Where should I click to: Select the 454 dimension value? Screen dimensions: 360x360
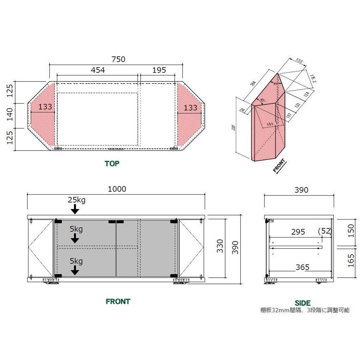(98, 70)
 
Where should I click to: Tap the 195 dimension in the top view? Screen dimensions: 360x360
(159, 70)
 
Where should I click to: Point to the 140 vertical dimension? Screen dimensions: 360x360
(10, 114)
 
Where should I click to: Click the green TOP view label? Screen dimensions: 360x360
(112, 163)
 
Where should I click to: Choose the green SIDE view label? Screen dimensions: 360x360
(302, 303)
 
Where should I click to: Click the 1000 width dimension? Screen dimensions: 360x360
(117, 189)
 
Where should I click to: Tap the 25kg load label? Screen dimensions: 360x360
(76, 200)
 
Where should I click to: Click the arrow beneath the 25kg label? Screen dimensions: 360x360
(75, 209)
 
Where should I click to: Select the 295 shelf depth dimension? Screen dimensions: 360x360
(298, 232)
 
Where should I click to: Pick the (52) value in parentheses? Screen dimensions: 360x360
(324, 231)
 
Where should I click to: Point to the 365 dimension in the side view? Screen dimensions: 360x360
(302, 267)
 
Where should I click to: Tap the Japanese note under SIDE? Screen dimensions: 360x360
(304, 310)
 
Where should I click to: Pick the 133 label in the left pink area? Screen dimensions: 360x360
(45, 106)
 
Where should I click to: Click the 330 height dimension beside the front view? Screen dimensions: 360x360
(220, 246)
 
